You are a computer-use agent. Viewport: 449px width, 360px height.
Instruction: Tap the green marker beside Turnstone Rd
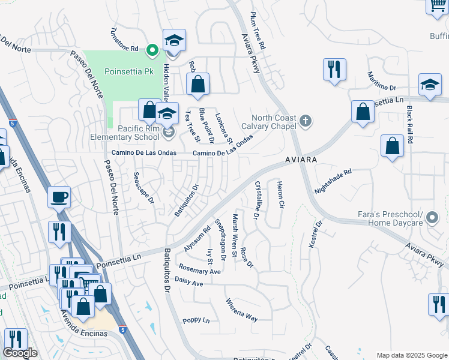click(x=152, y=49)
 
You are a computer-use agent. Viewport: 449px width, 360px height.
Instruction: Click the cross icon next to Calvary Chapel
click(x=306, y=121)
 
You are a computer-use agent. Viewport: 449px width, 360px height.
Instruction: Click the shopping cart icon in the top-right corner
click(x=437, y=6)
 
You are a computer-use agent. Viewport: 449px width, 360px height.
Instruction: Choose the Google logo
click(x=20, y=353)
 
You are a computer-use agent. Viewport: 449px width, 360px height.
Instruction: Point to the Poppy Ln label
click(x=196, y=320)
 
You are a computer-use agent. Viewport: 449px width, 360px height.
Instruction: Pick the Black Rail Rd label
click(x=410, y=124)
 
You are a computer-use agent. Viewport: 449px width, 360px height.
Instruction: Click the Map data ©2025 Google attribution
click(x=411, y=355)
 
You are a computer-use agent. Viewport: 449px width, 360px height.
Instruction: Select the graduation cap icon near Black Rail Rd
click(x=430, y=85)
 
